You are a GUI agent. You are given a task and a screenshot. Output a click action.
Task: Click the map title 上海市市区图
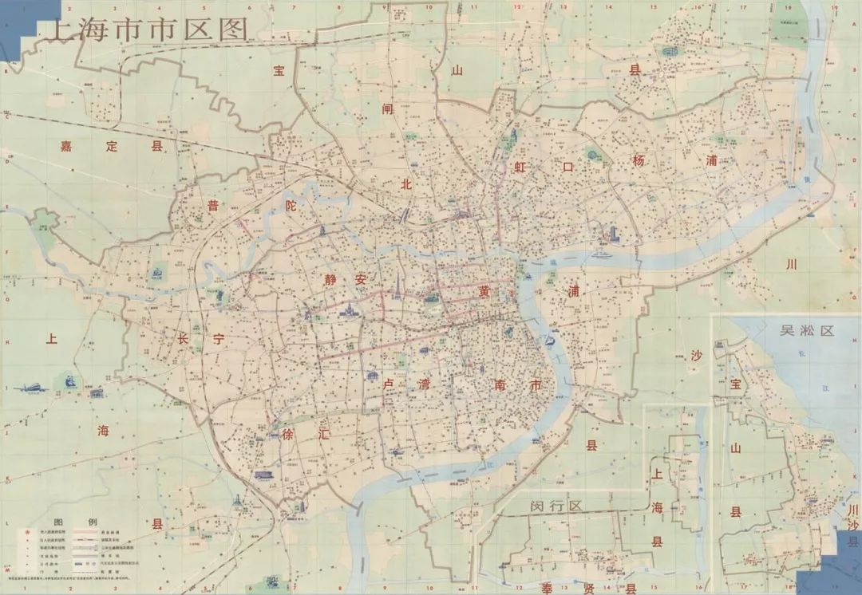tap(148, 30)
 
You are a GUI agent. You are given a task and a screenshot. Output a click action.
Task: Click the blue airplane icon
tap(30, 388)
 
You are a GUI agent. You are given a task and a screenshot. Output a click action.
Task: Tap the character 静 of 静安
tap(333, 280)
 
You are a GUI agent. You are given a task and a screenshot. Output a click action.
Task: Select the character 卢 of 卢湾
tap(390, 384)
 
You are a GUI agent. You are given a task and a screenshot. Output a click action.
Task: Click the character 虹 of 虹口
tap(522, 167)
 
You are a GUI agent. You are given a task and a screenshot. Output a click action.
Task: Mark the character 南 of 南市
tap(502, 385)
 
